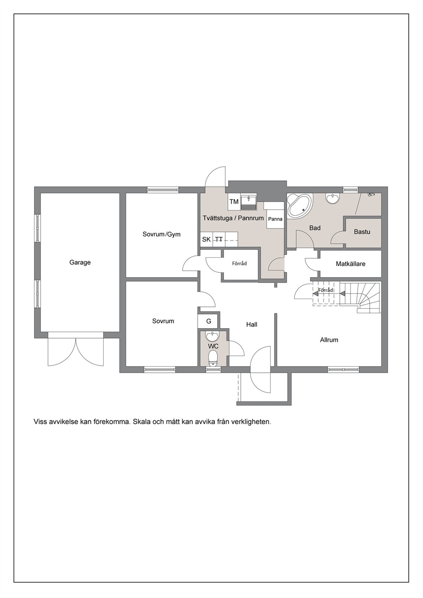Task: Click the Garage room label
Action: (x=80, y=263)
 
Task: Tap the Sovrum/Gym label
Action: (x=162, y=234)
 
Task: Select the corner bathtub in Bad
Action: (x=299, y=205)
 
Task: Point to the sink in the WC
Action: (x=213, y=337)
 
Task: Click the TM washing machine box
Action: (x=234, y=202)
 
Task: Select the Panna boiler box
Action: (x=275, y=219)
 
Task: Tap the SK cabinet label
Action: (x=206, y=240)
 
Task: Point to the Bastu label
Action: (x=362, y=232)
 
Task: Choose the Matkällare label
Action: (x=351, y=264)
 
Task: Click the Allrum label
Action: (x=329, y=340)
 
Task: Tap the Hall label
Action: (x=252, y=324)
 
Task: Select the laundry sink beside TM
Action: (x=249, y=202)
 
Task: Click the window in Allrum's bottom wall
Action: (x=343, y=369)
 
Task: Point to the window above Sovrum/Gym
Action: (x=162, y=190)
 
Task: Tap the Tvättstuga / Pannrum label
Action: (x=233, y=218)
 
